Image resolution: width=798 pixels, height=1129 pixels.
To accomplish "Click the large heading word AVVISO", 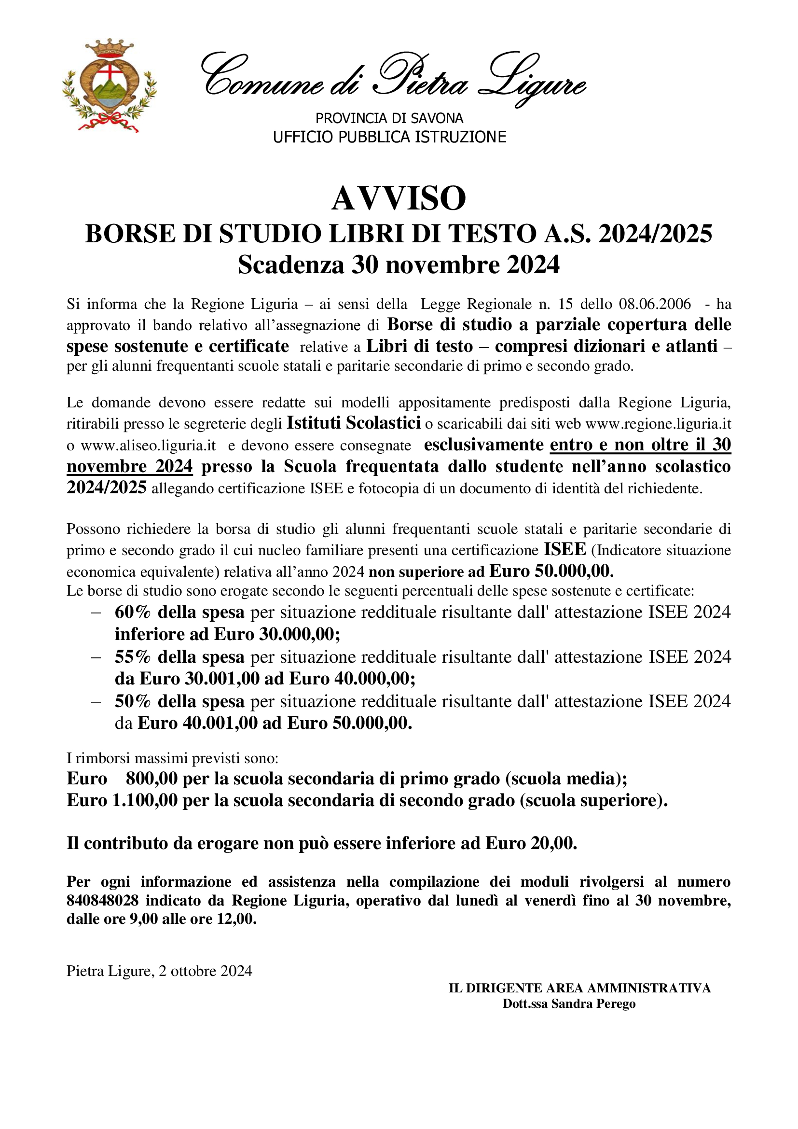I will click(399, 199).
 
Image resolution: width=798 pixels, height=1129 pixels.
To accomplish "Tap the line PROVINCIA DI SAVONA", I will click(389, 118).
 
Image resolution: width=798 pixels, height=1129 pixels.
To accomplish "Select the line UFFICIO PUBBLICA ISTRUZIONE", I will click(389, 137).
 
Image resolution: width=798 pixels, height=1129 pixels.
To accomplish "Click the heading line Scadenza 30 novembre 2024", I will click(399, 265).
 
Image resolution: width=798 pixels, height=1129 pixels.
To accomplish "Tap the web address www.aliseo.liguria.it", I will click(148, 446).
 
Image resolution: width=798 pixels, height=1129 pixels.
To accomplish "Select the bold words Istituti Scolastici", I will click(354, 422).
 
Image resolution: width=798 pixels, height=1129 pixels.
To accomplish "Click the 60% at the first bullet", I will click(133, 612).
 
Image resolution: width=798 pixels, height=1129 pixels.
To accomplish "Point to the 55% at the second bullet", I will click(133, 656).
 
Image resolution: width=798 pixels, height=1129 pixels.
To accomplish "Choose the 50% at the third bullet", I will click(133, 701).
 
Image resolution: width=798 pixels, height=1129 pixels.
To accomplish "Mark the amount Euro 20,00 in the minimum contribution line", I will click(531, 843).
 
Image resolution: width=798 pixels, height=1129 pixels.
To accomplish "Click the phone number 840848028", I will click(103, 900).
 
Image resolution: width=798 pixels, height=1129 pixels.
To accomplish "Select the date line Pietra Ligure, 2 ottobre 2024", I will click(159, 971).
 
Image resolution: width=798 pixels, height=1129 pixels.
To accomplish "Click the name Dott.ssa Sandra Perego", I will click(569, 1003).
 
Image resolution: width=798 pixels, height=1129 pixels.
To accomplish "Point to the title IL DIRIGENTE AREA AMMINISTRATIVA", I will click(580, 988).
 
